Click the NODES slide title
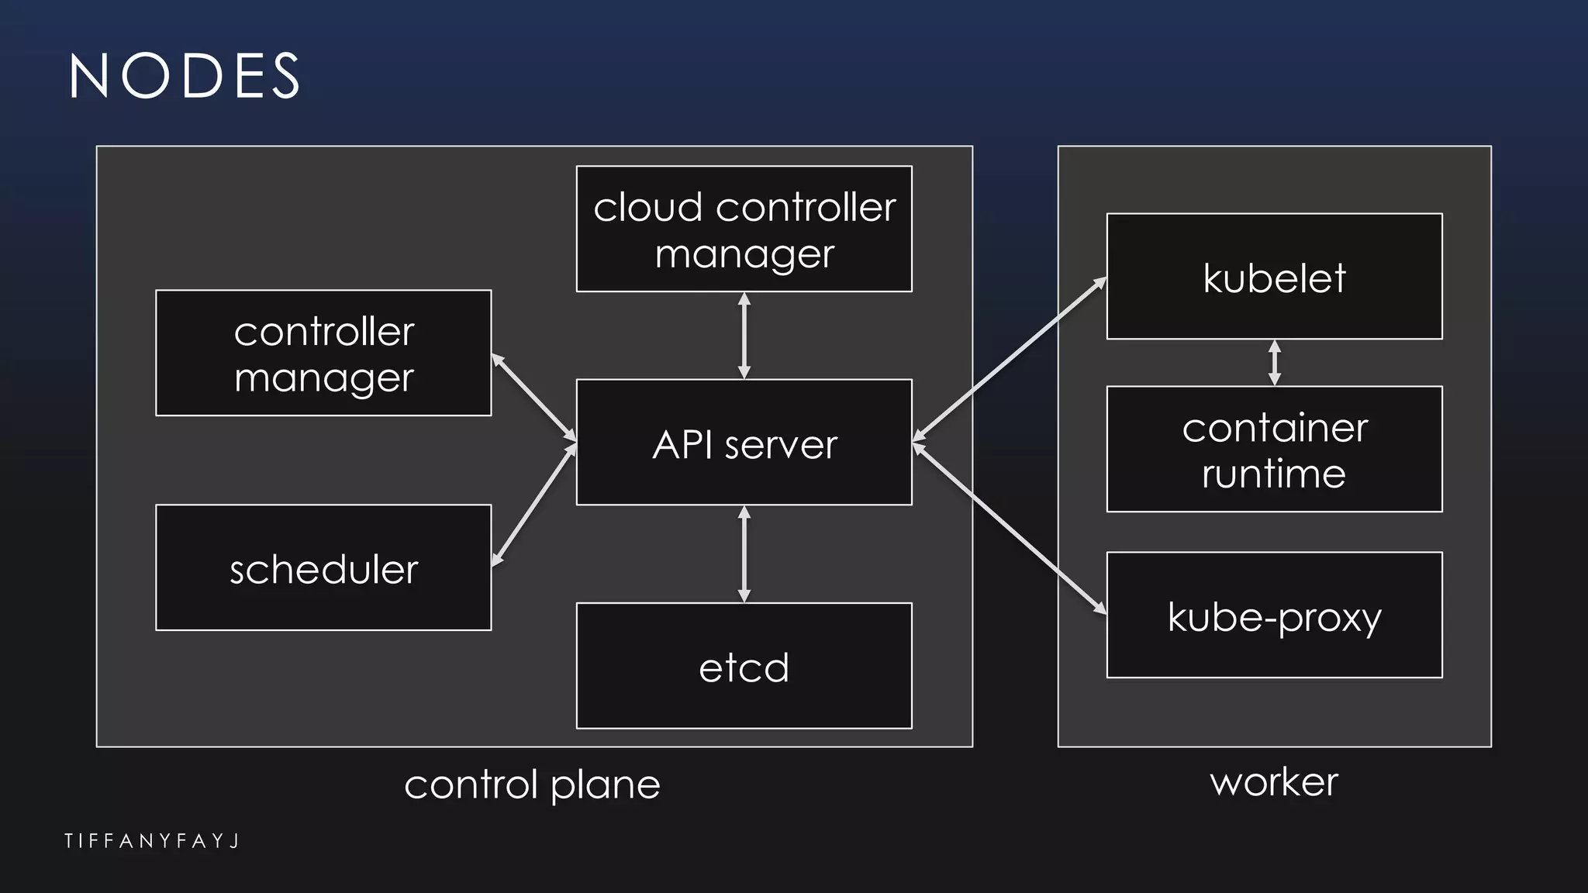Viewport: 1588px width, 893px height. tap(185, 76)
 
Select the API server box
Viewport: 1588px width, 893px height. tap(744, 443)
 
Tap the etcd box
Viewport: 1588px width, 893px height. tap(744, 666)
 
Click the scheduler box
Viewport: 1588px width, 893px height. tap(323, 568)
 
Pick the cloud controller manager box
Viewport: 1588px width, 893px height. tap(744, 229)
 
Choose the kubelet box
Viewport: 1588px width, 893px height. tap(1274, 277)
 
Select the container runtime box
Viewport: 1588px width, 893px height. tap(1274, 450)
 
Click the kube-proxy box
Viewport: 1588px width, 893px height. tap(1274, 615)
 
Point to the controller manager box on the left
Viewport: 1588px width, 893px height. tap(323, 353)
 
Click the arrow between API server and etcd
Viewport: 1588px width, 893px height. tap(744, 554)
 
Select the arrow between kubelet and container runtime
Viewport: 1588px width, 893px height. tap(1274, 363)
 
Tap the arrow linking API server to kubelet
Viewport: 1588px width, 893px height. tap(1010, 360)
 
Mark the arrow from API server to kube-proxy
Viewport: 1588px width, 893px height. tap(1010, 528)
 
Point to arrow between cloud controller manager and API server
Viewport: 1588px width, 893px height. tap(744, 336)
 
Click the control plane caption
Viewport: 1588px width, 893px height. tap(532, 784)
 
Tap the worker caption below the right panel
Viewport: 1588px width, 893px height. tap(1274, 781)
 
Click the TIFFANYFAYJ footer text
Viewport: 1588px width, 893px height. tap(152, 841)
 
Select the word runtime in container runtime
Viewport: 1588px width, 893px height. tap(1274, 474)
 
